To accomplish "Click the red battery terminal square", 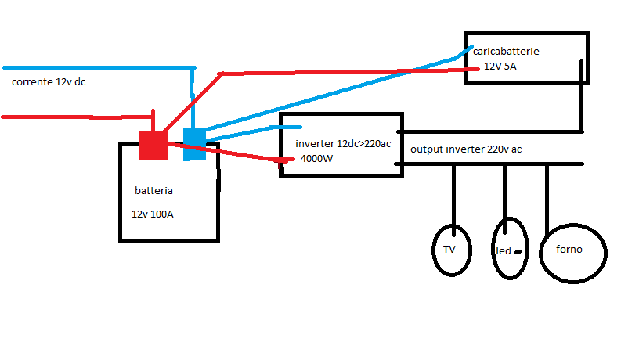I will coord(153,145).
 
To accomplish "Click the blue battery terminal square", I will coord(194,144).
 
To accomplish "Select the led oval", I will coord(507,249).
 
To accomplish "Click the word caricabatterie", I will coord(506,52).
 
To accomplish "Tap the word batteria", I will coord(153,190).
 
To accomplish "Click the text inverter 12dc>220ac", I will coord(343,145).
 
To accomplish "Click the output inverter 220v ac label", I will coord(466,149).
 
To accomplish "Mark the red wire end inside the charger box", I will coord(475,69).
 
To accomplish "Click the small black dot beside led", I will coord(518,251).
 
